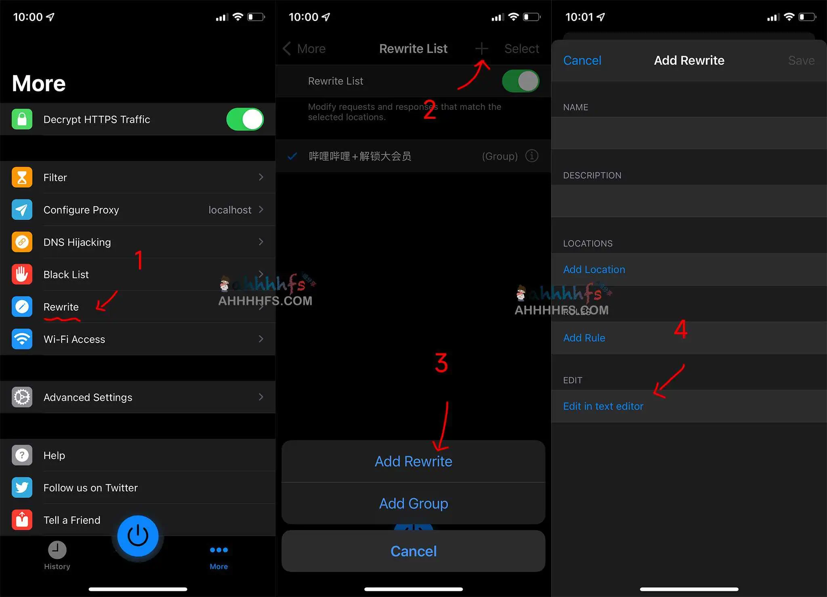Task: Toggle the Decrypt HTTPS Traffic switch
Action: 245,119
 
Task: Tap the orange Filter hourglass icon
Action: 22,177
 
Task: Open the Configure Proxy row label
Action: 81,210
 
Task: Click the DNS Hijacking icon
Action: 22,242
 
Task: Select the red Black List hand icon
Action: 22,274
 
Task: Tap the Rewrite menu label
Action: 61,307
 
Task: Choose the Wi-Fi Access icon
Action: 22,339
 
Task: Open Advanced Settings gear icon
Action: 22,397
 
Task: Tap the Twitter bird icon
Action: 22,488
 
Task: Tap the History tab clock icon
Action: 57,550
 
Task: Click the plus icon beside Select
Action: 481,49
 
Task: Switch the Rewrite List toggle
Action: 521,81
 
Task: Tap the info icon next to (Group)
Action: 532,156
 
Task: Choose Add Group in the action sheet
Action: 413,504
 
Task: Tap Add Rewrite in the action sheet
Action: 413,461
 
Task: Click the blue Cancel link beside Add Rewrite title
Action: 582,61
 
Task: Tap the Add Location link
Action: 594,269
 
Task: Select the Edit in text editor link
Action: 603,406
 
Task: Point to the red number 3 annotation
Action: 441,363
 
